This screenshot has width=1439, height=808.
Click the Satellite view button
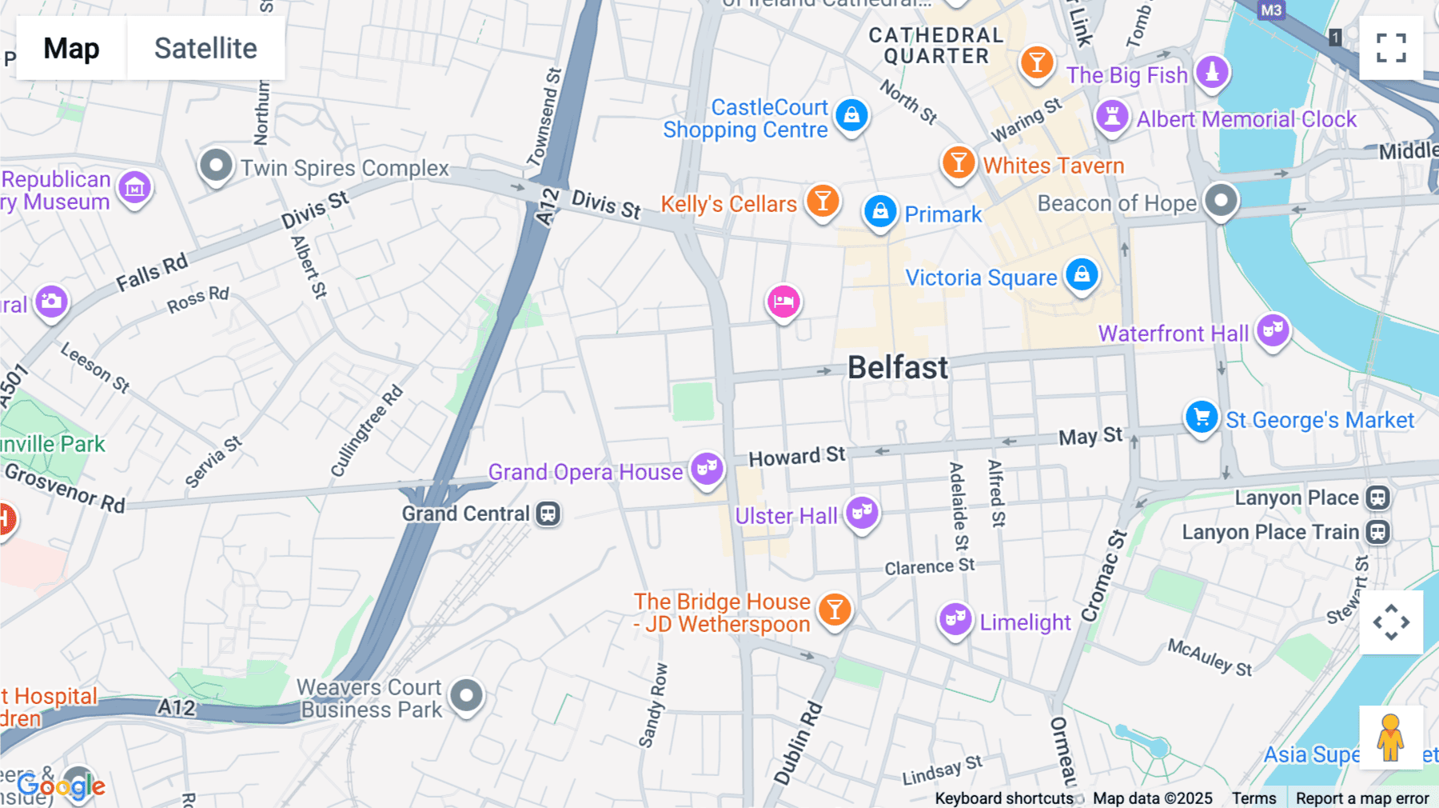pos(205,48)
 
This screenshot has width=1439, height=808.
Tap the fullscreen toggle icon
pos(1391,48)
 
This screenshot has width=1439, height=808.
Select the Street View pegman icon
pos(1390,738)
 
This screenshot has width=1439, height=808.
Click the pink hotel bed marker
pos(783,302)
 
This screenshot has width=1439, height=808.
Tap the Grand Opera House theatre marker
pos(707,468)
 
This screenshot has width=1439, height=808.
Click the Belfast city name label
pos(898,368)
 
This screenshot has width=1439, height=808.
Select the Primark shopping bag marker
pos(880,211)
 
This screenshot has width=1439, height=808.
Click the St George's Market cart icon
pos(1201,417)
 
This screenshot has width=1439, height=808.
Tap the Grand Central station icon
pos(548,514)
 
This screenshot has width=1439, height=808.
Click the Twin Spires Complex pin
pos(216,166)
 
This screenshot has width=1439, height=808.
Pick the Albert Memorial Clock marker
pos(1111,116)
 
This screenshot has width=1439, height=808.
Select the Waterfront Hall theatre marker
pos(1273,330)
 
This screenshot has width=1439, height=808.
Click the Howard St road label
pos(796,457)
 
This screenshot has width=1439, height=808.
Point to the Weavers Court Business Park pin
pos(466,695)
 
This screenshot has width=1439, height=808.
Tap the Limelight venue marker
pos(955,618)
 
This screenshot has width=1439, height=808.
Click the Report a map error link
pos(1361,798)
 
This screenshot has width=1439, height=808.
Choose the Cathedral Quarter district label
pos(935,46)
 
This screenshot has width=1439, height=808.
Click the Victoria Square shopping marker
pos(1082,274)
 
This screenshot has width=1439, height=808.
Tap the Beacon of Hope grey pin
pos(1221,200)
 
